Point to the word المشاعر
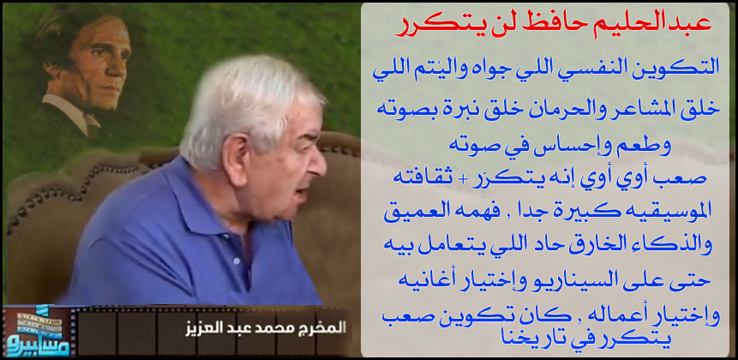point(644,109)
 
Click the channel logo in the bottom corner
point(37,332)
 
